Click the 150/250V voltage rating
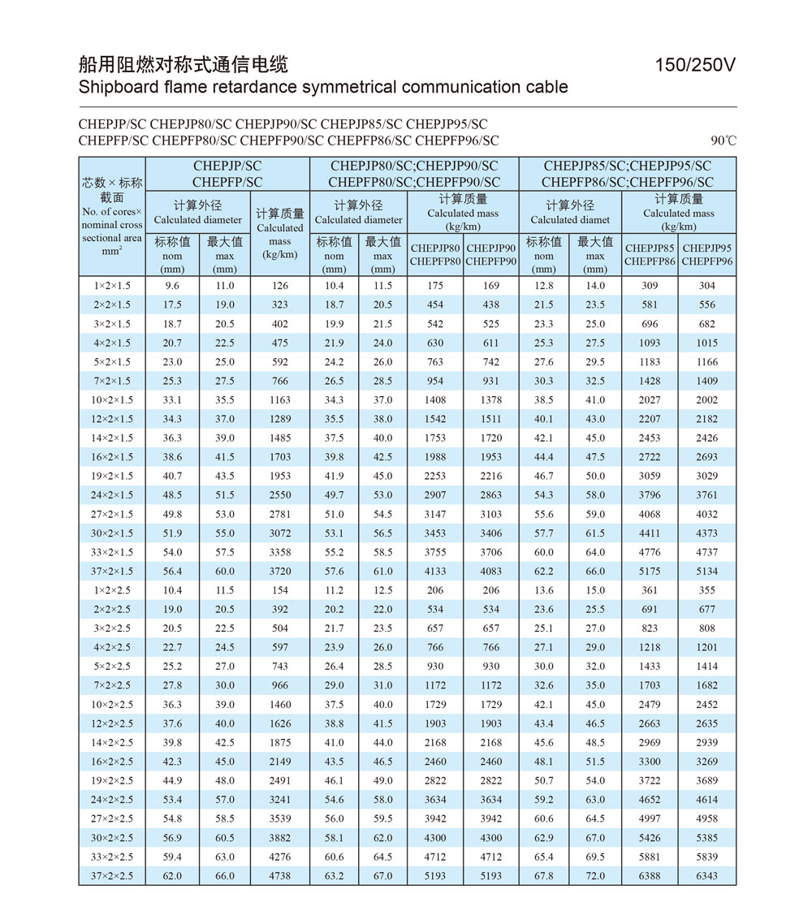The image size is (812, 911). click(x=695, y=66)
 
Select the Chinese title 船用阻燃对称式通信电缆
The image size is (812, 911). click(x=184, y=65)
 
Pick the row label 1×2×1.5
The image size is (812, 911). click(x=112, y=286)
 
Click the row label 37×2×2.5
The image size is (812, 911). click(x=112, y=876)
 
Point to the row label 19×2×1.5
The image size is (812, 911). click(x=112, y=476)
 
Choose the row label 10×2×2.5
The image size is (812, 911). click(x=112, y=705)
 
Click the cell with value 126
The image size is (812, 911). click(x=279, y=286)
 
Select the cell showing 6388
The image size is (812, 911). click(x=650, y=876)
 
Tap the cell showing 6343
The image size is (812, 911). click(x=706, y=876)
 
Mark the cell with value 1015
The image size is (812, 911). click(x=706, y=343)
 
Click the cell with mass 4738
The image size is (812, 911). click(x=279, y=876)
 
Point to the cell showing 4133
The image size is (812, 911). click(x=435, y=571)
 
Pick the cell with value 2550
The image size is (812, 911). click(x=279, y=494)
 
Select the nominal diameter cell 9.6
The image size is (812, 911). click(x=172, y=286)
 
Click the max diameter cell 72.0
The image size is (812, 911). click(x=595, y=876)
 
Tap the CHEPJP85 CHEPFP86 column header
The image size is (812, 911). click(x=650, y=255)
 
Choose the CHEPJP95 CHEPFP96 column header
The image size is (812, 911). click(x=706, y=255)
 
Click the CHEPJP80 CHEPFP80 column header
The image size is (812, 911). click(x=435, y=255)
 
